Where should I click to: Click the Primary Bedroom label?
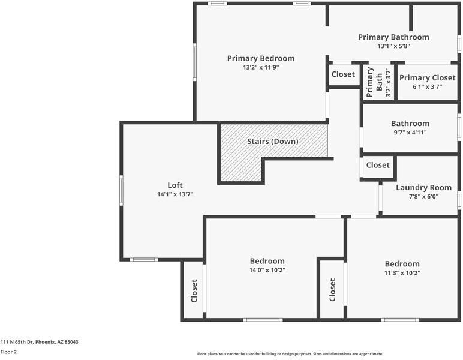[261, 58]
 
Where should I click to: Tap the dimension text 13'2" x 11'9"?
[261, 68]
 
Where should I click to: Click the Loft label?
[175, 185]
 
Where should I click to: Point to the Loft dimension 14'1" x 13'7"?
[175, 194]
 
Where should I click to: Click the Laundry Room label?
[423, 188]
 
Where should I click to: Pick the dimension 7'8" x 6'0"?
[423, 196]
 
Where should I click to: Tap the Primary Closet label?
[427, 78]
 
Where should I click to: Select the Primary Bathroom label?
[393, 37]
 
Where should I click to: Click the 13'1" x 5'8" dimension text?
[393, 46]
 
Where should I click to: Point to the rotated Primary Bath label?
[370, 82]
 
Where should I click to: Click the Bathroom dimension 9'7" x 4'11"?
[410, 133]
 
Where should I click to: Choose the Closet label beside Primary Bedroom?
[343, 74]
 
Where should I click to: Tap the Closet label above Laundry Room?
[378, 165]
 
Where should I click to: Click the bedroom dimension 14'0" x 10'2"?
[267, 271]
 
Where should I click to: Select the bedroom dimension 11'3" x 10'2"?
[402, 273]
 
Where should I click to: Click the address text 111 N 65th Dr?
[40, 342]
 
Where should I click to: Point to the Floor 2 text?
[9, 352]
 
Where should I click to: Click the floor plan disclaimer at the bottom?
[290, 354]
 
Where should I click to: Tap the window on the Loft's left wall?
[121, 190]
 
